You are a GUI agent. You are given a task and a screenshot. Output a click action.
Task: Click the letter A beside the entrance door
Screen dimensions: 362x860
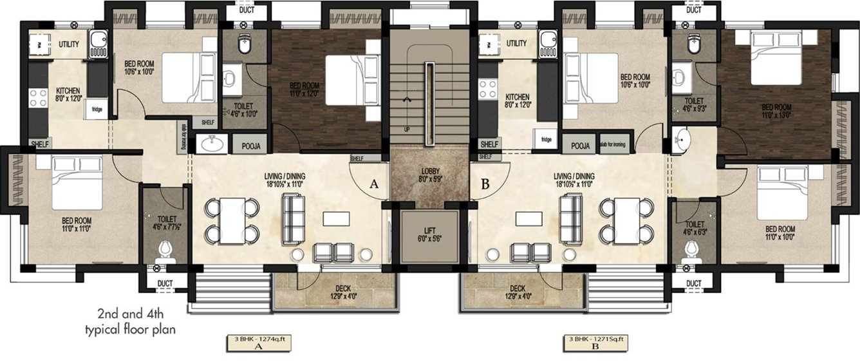tap(373, 184)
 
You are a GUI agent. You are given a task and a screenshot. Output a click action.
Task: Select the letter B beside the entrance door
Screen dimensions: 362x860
tap(485, 184)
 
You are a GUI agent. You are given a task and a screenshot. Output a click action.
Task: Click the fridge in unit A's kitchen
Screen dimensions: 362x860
tap(97, 109)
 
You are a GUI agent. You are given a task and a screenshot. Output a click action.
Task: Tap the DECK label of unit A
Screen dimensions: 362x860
tap(337, 292)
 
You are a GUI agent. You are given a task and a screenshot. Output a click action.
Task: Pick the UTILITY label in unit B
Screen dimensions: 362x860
tap(516, 43)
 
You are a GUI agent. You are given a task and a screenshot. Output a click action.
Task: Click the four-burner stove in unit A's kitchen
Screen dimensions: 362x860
tap(37, 97)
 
